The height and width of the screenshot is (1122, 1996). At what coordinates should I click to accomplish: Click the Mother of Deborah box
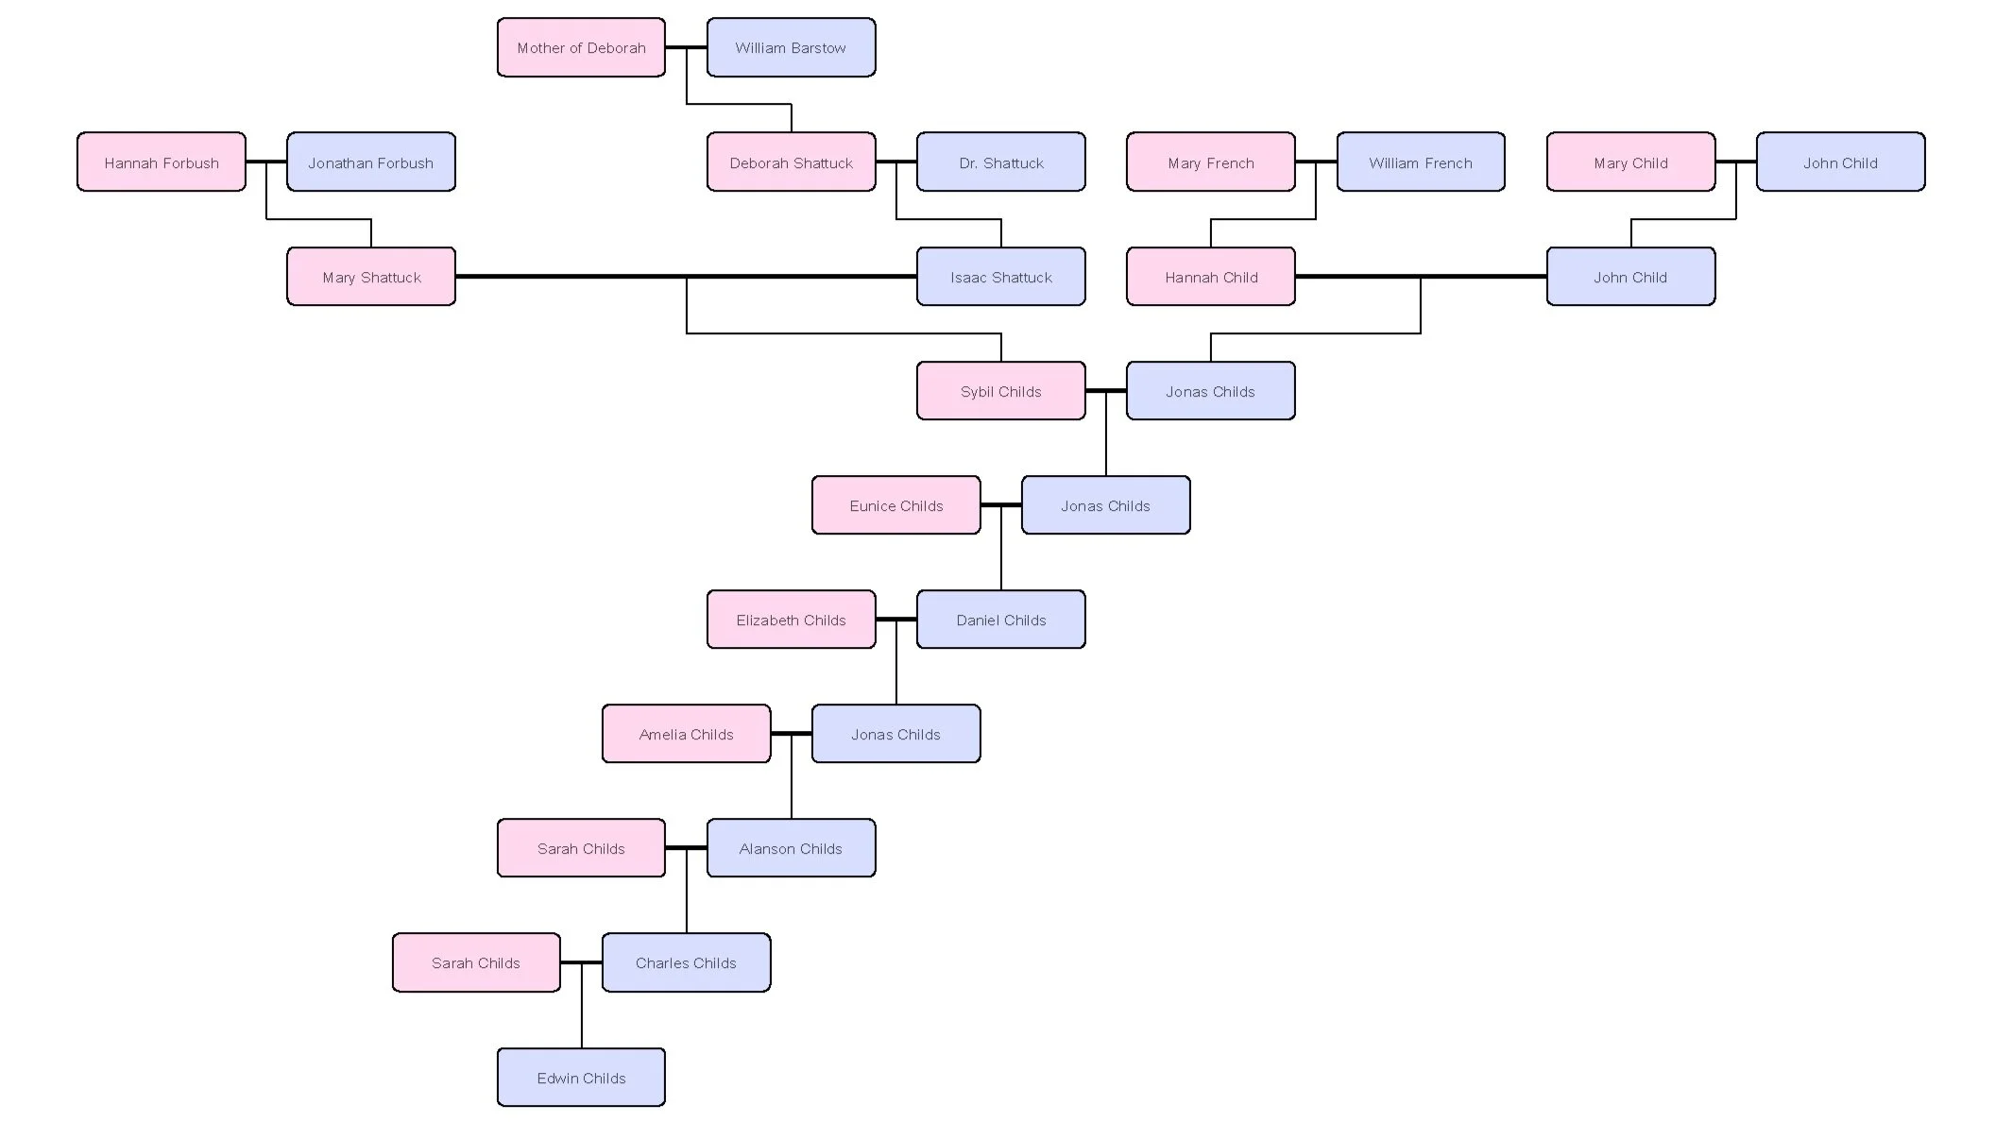pyautogui.click(x=581, y=47)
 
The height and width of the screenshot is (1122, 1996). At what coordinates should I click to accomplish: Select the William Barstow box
pyautogui.click(x=791, y=47)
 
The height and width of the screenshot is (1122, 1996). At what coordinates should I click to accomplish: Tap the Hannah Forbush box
pyautogui.click(x=162, y=162)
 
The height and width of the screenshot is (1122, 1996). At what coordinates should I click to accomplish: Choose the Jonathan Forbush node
pyautogui.click(x=371, y=162)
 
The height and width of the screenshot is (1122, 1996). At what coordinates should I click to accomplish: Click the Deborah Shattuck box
pyautogui.click(x=791, y=162)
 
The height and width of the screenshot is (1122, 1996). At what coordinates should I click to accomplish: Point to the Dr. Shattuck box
pyautogui.click(x=1000, y=162)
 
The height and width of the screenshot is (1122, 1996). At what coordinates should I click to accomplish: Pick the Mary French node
pyautogui.click(x=1210, y=162)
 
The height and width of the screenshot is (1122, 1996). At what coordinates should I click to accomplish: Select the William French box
pyautogui.click(x=1420, y=162)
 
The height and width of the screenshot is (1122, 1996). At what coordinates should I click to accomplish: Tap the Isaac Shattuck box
pyautogui.click(x=1000, y=277)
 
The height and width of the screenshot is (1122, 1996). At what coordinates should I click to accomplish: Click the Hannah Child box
pyautogui.click(x=1210, y=277)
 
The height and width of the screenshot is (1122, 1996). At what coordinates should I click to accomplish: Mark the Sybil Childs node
pyautogui.click(x=1000, y=391)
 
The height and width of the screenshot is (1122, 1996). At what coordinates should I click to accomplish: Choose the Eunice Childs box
pyautogui.click(x=896, y=505)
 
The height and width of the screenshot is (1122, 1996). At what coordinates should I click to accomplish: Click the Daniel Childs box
pyautogui.click(x=1000, y=620)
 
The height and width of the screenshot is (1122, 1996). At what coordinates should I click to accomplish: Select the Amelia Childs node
pyautogui.click(x=686, y=734)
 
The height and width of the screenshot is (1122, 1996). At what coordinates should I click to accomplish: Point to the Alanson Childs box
pyautogui.click(x=791, y=848)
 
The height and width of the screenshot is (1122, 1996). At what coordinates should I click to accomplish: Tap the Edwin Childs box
pyautogui.click(x=581, y=1077)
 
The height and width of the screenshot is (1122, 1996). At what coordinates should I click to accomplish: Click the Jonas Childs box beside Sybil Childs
pyautogui.click(x=1210, y=391)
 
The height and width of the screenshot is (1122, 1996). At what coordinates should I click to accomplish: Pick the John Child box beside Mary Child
pyautogui.click(x=1840, y=162)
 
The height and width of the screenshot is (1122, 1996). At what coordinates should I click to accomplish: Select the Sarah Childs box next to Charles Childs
pyautogui.click(x=476, y=962)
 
